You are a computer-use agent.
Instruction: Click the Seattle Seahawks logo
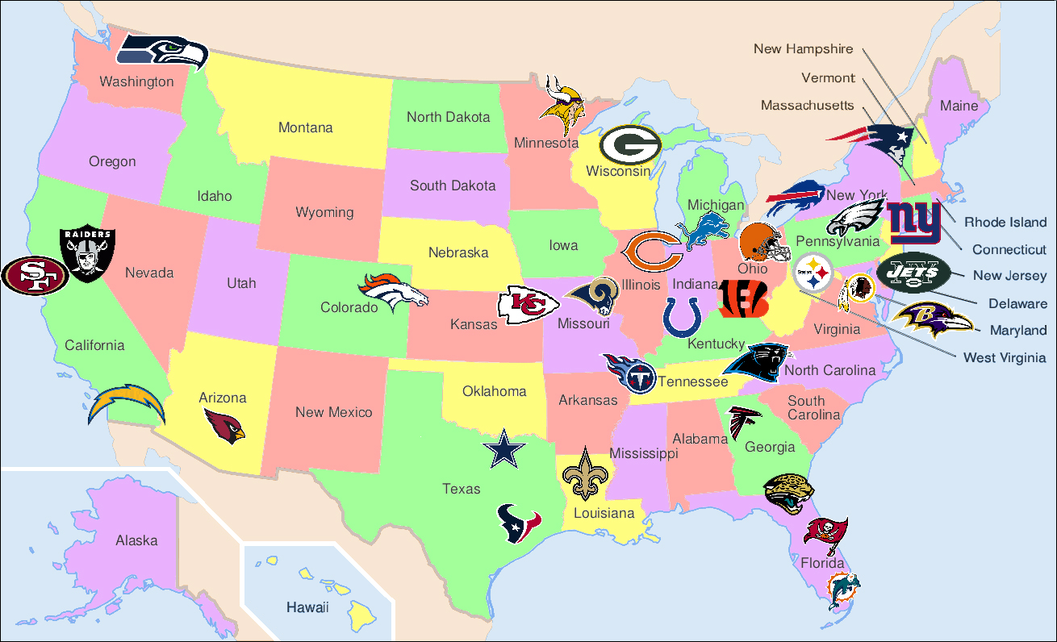pos(162,52)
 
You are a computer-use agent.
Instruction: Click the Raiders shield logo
pos(87,253)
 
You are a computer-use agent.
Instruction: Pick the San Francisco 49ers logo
pos(34,276)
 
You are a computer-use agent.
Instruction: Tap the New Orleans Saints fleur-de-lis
pos(583,476)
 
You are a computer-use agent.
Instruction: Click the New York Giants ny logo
pos(914,223)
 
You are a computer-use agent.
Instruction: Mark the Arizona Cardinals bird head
pos(224,424)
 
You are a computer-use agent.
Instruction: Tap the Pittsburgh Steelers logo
pos(813,274)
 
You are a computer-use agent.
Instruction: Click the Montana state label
pos(305,127)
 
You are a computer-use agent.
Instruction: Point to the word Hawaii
pos(307,607)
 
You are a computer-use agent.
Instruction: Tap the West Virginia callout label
pos(1004,357)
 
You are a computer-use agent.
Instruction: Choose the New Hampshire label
pos(803,49)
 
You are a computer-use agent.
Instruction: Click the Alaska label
pos(136,540)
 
